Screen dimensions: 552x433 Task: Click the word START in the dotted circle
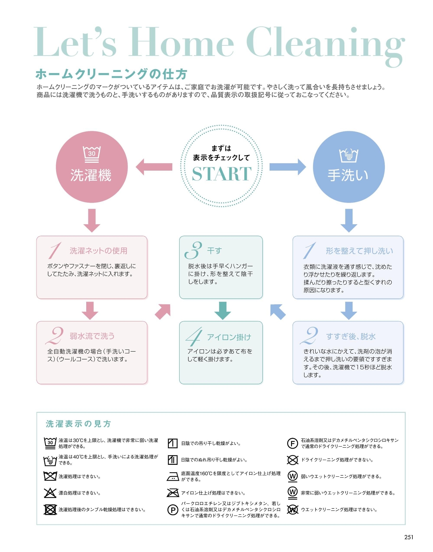(x=222, y=174)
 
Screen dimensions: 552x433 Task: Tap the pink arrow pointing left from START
(x=154, y=167)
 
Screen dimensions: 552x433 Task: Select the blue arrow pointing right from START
(x=288, y=167)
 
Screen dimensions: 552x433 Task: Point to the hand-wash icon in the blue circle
(x=349, y=155)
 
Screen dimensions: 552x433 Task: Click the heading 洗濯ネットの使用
(x=98, y=251)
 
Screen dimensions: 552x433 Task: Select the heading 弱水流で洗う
(x=92, y=336)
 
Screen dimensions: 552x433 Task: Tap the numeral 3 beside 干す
(x=193, y=250)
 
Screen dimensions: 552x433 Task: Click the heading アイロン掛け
(x=229, y=337)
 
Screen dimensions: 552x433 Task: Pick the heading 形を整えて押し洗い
(x=359, y=251)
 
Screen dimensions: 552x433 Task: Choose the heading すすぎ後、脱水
(x=351, y=336)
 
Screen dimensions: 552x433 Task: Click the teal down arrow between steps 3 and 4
(x=223, y=310)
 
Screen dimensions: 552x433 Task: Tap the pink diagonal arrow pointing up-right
(x=163, y=311)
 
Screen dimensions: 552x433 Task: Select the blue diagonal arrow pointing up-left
(x=278, y=311)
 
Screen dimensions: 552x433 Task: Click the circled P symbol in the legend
(x=173, y=510)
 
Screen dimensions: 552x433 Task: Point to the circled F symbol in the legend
(x=292, y=443)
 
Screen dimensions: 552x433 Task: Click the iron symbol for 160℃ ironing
(x=173, y=476)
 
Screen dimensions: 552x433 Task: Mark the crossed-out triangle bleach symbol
(x=50, y=493)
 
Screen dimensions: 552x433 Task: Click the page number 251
(x=409, y=537)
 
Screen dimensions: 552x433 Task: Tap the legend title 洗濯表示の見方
(x=78, y=424)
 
